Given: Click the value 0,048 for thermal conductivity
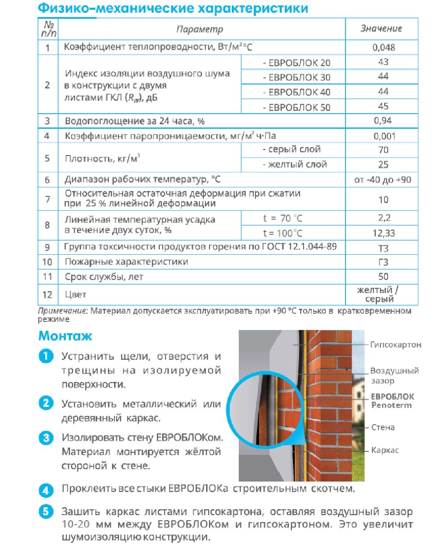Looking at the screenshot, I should [x=383, y=47].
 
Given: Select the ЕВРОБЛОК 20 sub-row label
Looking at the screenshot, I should [x=297, y=63].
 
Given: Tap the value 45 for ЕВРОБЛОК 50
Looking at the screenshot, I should [x=383, y=106].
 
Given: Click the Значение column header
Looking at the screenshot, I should [x=381, y=29].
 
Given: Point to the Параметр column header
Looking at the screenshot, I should [x=200, y=29].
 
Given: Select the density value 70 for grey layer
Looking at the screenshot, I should [x=383, y=150].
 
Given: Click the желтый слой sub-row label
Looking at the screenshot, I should [x=295, y=164].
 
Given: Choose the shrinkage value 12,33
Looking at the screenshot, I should [x=383, y=233].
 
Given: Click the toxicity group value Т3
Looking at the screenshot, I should [x=383, y=248].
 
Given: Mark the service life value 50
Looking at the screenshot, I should [x=383, y=277].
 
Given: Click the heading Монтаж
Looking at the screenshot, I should [x=65, y=336].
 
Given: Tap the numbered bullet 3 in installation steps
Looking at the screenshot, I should [x=46, y=438].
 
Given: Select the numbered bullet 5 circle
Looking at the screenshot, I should [x=46, y=512].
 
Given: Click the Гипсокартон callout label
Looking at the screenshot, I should [x=395, y=345].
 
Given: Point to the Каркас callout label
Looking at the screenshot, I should [x=385, y=450].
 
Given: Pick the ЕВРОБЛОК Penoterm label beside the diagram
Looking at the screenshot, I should [x=392, y=401].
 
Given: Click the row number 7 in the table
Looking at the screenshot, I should [x=47, y=199].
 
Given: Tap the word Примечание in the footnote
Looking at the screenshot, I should [x=62, y=311].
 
